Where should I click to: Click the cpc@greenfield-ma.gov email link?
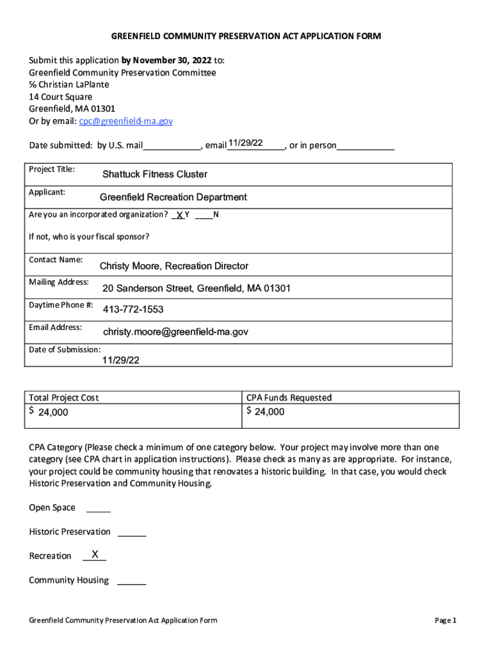coord(125,121)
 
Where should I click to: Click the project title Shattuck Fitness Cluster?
coord(155,174)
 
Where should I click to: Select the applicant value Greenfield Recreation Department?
coord(173,197)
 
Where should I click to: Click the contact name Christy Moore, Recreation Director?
coord(174,265)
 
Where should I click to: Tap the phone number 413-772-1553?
coord(133,310)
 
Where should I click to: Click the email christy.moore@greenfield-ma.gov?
coord(175,332)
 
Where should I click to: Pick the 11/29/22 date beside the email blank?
coord(245,143)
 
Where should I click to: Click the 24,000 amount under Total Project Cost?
coord(53,413)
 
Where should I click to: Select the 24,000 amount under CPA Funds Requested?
coord(270,412)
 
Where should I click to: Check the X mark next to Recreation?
coord(95,554)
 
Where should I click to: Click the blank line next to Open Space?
coord(98,510)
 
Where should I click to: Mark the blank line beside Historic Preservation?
coord(132,533)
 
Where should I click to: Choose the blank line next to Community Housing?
coord(132,582)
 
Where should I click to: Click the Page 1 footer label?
coord(445,620)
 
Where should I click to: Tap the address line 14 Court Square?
coord(60,97)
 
